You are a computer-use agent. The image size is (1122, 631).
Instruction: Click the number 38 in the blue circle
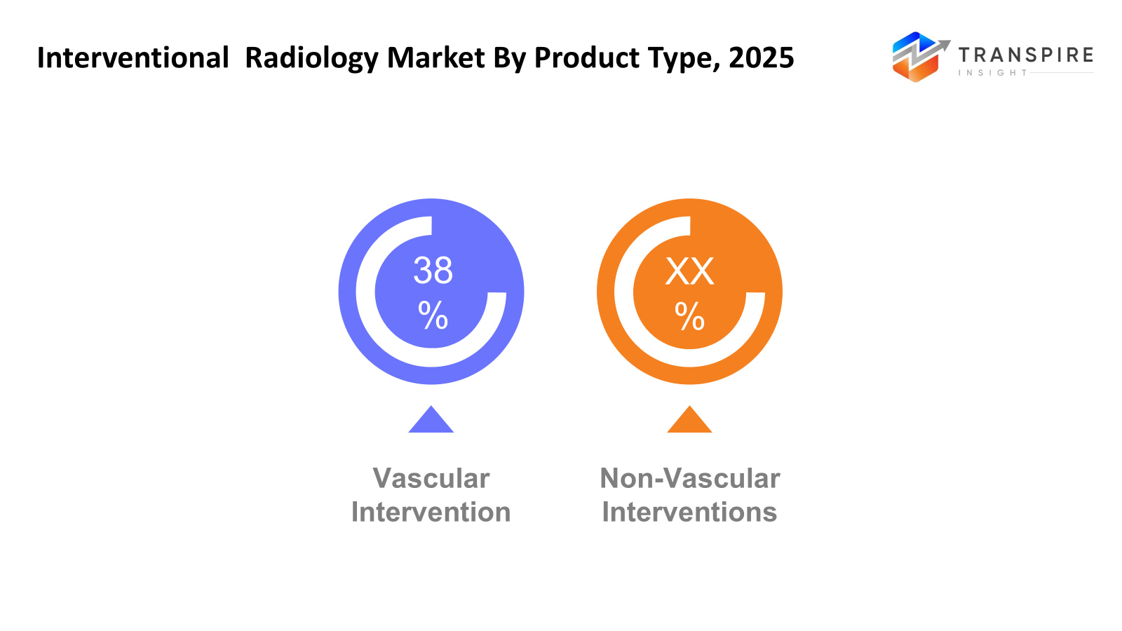click(x=433, y=271)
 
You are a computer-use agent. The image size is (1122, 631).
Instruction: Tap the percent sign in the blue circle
click(x=433, y=315)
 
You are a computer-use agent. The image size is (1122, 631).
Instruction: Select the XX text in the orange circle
click(x=689, y=271)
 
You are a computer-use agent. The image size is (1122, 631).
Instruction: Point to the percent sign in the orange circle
click(x=689, y=316)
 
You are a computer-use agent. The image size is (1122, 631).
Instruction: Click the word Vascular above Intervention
click(x=431, y=478)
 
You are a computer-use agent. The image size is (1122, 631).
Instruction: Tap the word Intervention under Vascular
click(x=431, y=512)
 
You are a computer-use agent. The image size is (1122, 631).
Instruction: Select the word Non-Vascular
click(x=689, y=478)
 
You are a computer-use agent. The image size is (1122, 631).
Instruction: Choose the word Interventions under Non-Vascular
click(x=689, y=512)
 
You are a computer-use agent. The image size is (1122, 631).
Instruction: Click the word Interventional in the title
click(x=133, y=57)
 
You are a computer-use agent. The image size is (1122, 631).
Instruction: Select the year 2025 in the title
click(x=761, y=57)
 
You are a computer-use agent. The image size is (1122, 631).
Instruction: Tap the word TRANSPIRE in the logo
click(x=1025, y=55)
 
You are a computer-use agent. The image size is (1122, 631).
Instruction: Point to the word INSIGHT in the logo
click(x=992, y=73)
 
